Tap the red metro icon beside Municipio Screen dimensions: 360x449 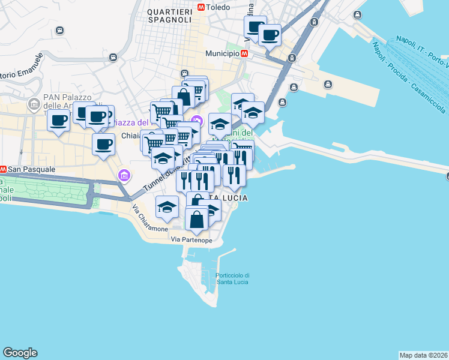click(x=244, y=53)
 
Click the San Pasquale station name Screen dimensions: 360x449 click(x=32, y=170)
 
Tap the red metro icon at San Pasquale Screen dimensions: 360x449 click(x=3, y=170)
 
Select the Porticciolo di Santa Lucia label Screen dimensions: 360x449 click(x=232, y=278)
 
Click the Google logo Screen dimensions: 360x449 click(x=20, y=353)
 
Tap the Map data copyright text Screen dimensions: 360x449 click(x=423, y=355)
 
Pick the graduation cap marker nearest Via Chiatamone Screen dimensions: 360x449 click(x=167, y=208)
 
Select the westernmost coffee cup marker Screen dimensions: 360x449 click(x=58, y=120)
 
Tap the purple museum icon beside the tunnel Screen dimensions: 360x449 click(x=124, y=176)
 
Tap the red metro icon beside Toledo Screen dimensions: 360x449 click(x=200, y=8)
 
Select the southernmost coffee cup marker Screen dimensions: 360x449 click(x=104, y=145)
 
